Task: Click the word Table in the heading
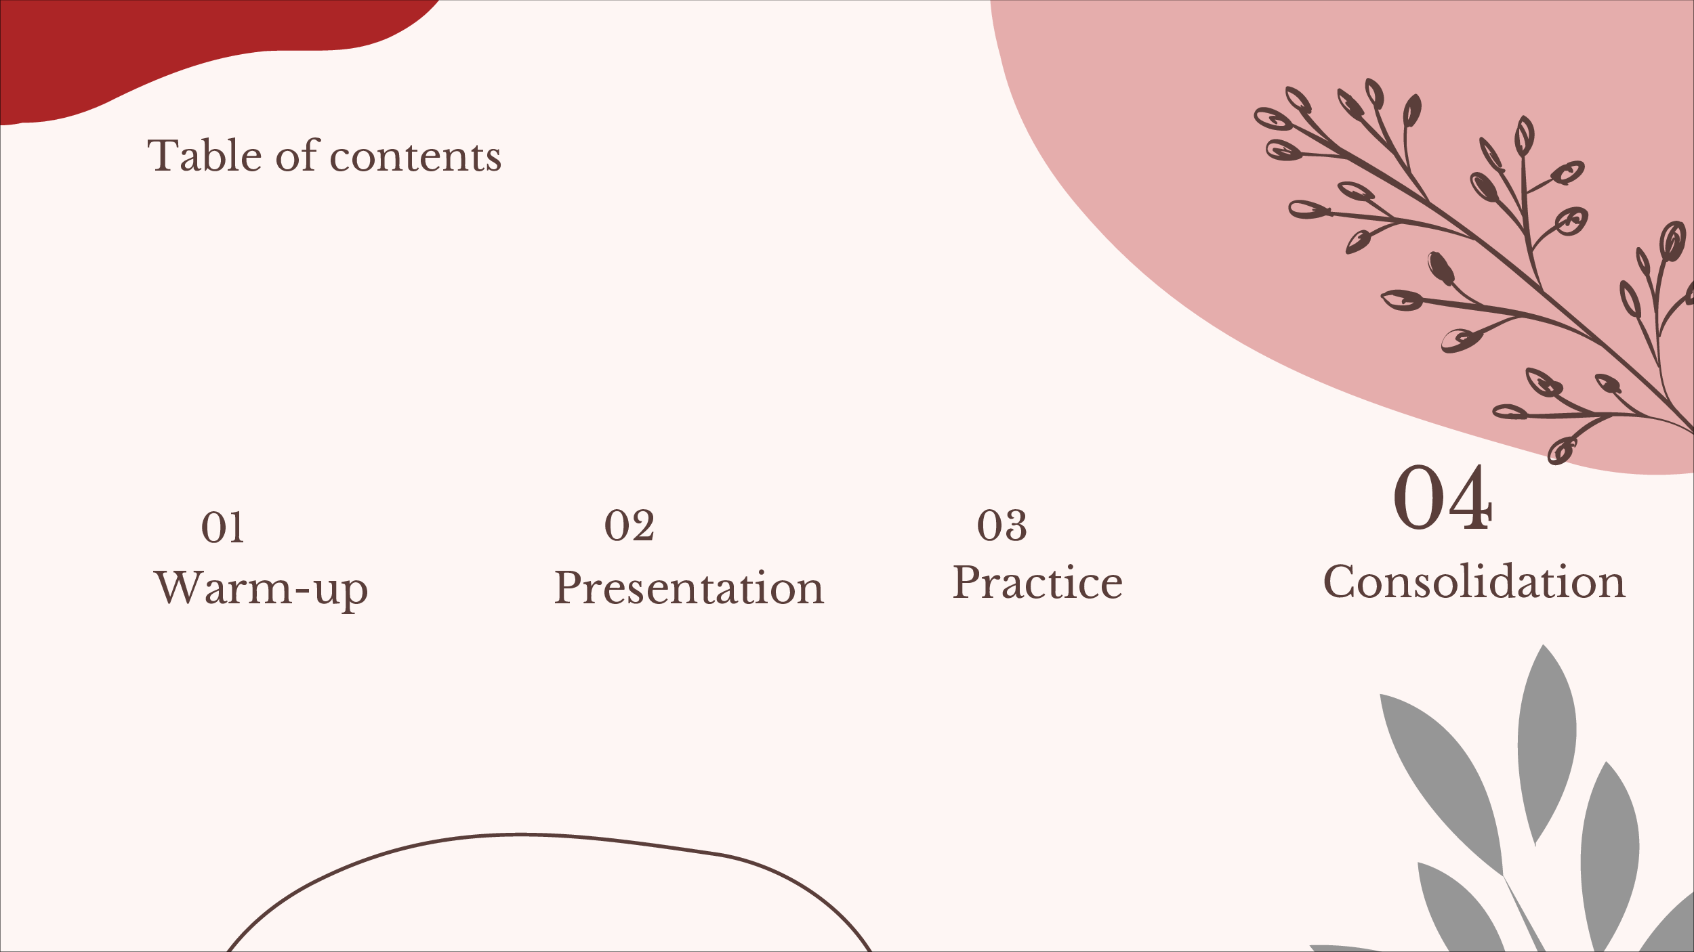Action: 205,155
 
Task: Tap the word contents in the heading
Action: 415,158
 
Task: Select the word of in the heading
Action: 297,155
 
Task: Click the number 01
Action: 222,527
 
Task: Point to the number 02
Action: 629,525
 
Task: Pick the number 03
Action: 1001,525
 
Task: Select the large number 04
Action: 1443,498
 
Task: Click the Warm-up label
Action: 261,588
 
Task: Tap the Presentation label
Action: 689,587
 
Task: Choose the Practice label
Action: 1037,582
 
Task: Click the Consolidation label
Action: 1474,581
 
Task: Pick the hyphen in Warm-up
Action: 303,590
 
